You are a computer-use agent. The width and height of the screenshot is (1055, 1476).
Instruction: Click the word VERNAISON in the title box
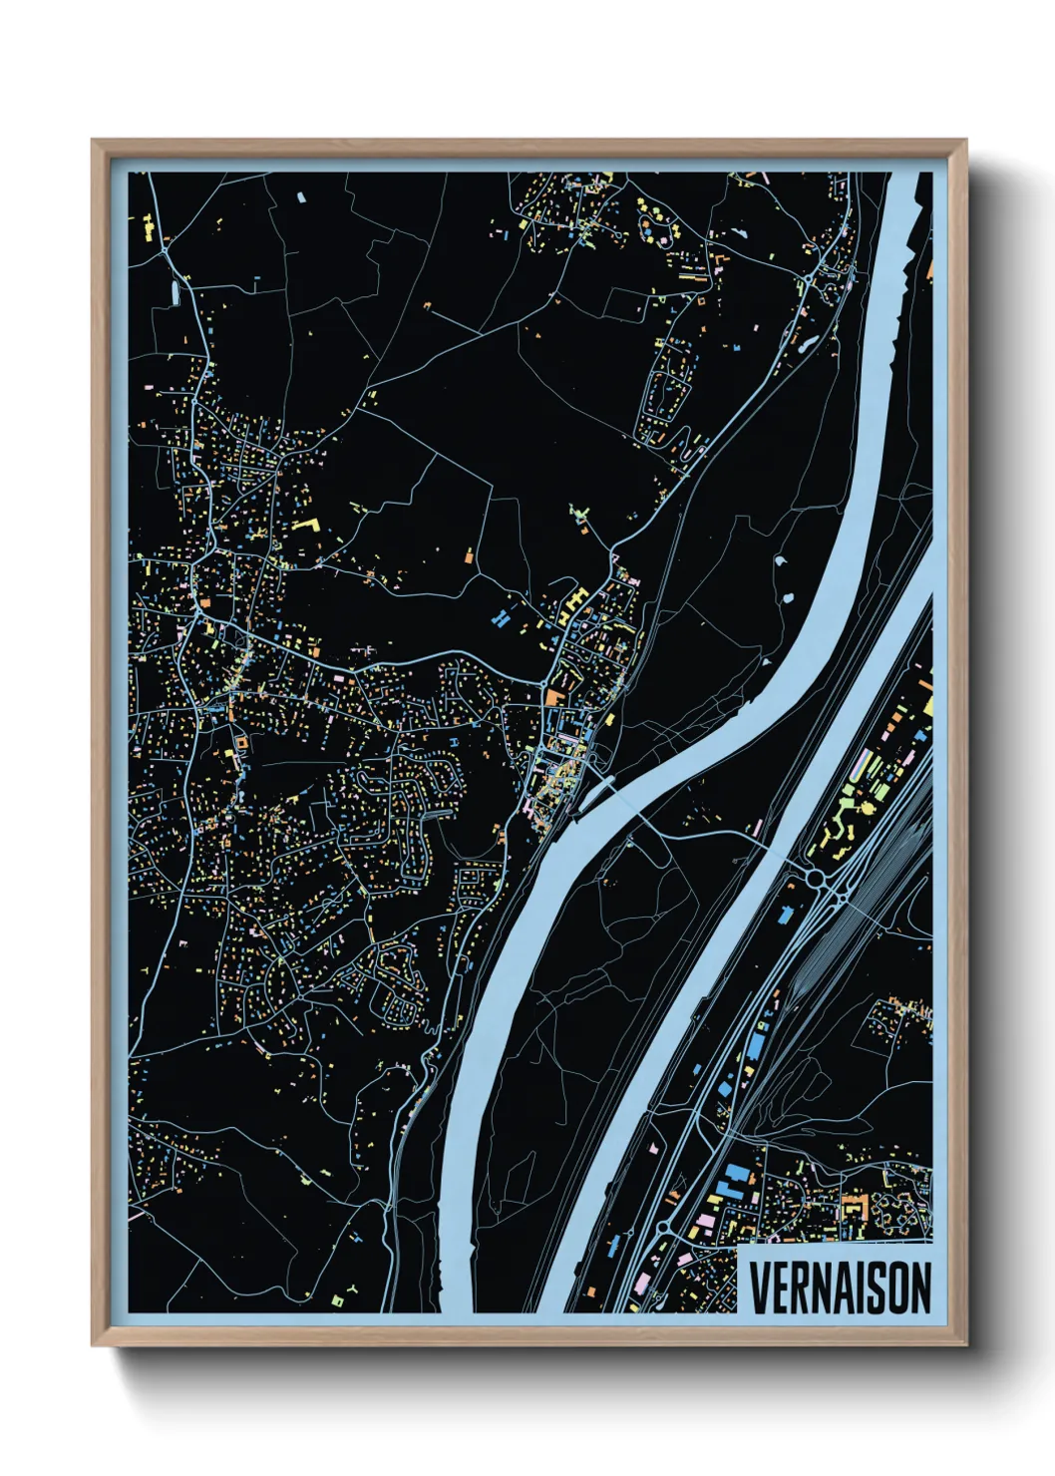coord(840,1288)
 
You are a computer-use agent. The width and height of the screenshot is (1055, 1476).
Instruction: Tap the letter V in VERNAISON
coord(759,1288)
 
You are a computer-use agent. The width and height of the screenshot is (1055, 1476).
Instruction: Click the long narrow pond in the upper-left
coord(175,292)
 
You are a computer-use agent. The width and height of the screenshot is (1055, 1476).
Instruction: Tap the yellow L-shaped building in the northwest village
coord(307,526)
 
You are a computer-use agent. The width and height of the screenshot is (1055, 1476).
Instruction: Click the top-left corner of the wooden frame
coord(94,142)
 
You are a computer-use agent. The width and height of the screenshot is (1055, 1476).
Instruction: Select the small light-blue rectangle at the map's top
coord(300,196)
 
